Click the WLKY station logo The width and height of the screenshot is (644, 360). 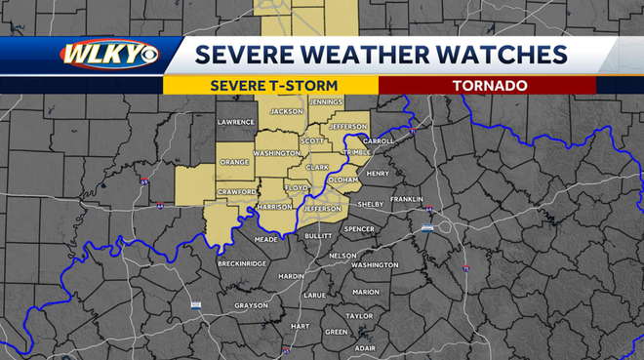(106, 55)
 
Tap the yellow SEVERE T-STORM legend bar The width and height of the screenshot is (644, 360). (270, 86)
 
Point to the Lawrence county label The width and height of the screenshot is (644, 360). (235, 122)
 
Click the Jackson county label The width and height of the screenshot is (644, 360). (286, 111)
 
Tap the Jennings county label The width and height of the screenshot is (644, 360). (325, 101)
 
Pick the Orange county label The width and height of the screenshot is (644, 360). (234, 162)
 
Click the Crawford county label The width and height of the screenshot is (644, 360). (236, 191)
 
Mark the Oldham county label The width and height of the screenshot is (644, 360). (343, 180)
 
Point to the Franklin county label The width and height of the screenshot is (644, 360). (406, 199)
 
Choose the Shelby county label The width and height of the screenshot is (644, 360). (371, 205)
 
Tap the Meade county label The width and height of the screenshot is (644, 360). (265, 239)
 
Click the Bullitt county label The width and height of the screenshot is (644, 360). (318, 235)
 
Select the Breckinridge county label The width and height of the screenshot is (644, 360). (242, 263)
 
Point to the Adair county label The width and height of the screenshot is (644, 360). (365, 347)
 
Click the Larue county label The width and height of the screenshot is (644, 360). (314, 294)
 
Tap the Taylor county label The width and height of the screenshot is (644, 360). (359, 316)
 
